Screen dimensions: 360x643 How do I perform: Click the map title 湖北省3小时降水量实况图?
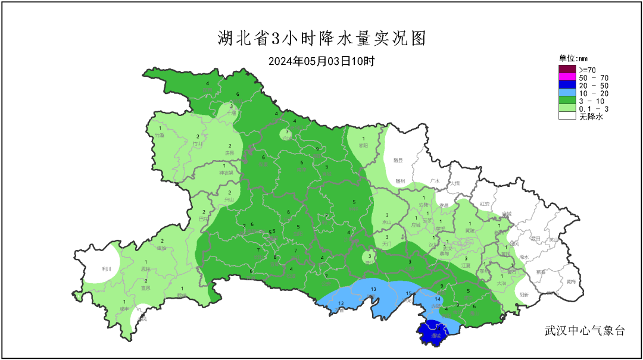pos(321,39)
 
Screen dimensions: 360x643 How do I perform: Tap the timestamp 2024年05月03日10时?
pos(321,61)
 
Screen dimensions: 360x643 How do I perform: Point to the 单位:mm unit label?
pos(573,58)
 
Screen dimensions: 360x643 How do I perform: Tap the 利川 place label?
pos(107,269)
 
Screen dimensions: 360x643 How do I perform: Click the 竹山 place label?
pos(198,143)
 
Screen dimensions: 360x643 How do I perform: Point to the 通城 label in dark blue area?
pos(436,336)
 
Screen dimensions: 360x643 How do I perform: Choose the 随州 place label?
pos(400,181)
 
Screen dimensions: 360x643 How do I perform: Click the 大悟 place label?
pos(455,183)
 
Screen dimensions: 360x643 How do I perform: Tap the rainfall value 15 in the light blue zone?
pos(409,294)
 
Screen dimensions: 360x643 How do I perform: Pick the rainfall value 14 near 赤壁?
pos(438,299)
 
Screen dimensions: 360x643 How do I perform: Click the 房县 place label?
pos(230,153)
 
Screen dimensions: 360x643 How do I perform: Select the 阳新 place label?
pos(524,295)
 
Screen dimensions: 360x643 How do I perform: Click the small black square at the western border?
pos(77,254)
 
